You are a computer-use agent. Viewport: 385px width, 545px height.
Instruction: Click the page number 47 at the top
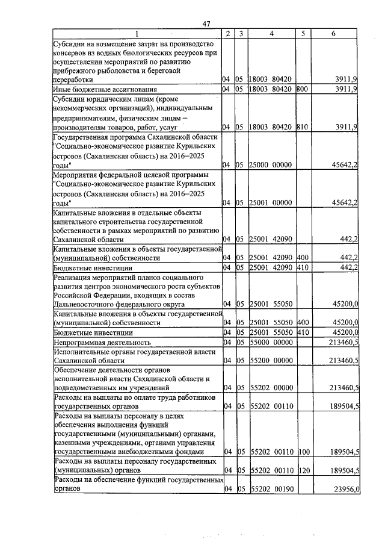(206, 23)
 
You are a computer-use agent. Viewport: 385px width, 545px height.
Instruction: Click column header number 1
(137, 34)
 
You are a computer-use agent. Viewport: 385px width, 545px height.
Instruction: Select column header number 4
(272, 34)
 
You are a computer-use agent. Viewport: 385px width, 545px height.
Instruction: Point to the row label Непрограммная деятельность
(91, 342)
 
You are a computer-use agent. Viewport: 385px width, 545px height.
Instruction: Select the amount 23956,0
(346, 490)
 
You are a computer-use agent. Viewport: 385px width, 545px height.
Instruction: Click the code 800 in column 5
(302, 89)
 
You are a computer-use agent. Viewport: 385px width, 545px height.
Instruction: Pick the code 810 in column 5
(302, 127)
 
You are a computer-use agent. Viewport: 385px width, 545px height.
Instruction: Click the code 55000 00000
(271, 342)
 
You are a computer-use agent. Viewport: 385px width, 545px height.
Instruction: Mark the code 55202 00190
(271, 490)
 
